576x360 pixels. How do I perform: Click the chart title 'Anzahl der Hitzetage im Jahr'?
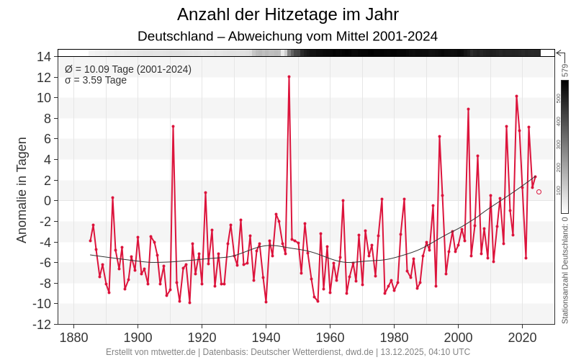tap(288, 14)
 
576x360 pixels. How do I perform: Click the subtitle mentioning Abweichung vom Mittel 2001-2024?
tap(288, 36)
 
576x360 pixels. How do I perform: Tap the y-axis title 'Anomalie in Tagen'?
tap(22, 190)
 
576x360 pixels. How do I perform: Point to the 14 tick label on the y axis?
tap(44, 56)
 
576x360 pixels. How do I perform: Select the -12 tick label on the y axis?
tap(42, 324)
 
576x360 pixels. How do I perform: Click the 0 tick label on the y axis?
tap(47, 200)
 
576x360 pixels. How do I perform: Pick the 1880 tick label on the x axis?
tap(73, 337)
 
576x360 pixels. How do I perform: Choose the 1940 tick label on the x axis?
tap(266, 337)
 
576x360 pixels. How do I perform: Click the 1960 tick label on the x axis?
tap(330, 337)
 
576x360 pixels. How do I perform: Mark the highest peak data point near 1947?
tap(289, 76)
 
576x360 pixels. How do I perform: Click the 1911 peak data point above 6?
tap(173, 126)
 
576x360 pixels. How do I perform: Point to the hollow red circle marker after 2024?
tap(539, 192)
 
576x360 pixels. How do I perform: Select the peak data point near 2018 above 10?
tap(516, 96)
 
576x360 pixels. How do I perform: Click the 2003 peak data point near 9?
tap(468, 109)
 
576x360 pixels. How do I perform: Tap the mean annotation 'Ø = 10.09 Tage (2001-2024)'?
tap(128, 69)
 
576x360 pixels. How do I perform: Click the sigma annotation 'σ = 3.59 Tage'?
tap(96, 80)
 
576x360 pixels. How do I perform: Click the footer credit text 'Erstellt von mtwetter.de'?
tap(151, 352)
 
